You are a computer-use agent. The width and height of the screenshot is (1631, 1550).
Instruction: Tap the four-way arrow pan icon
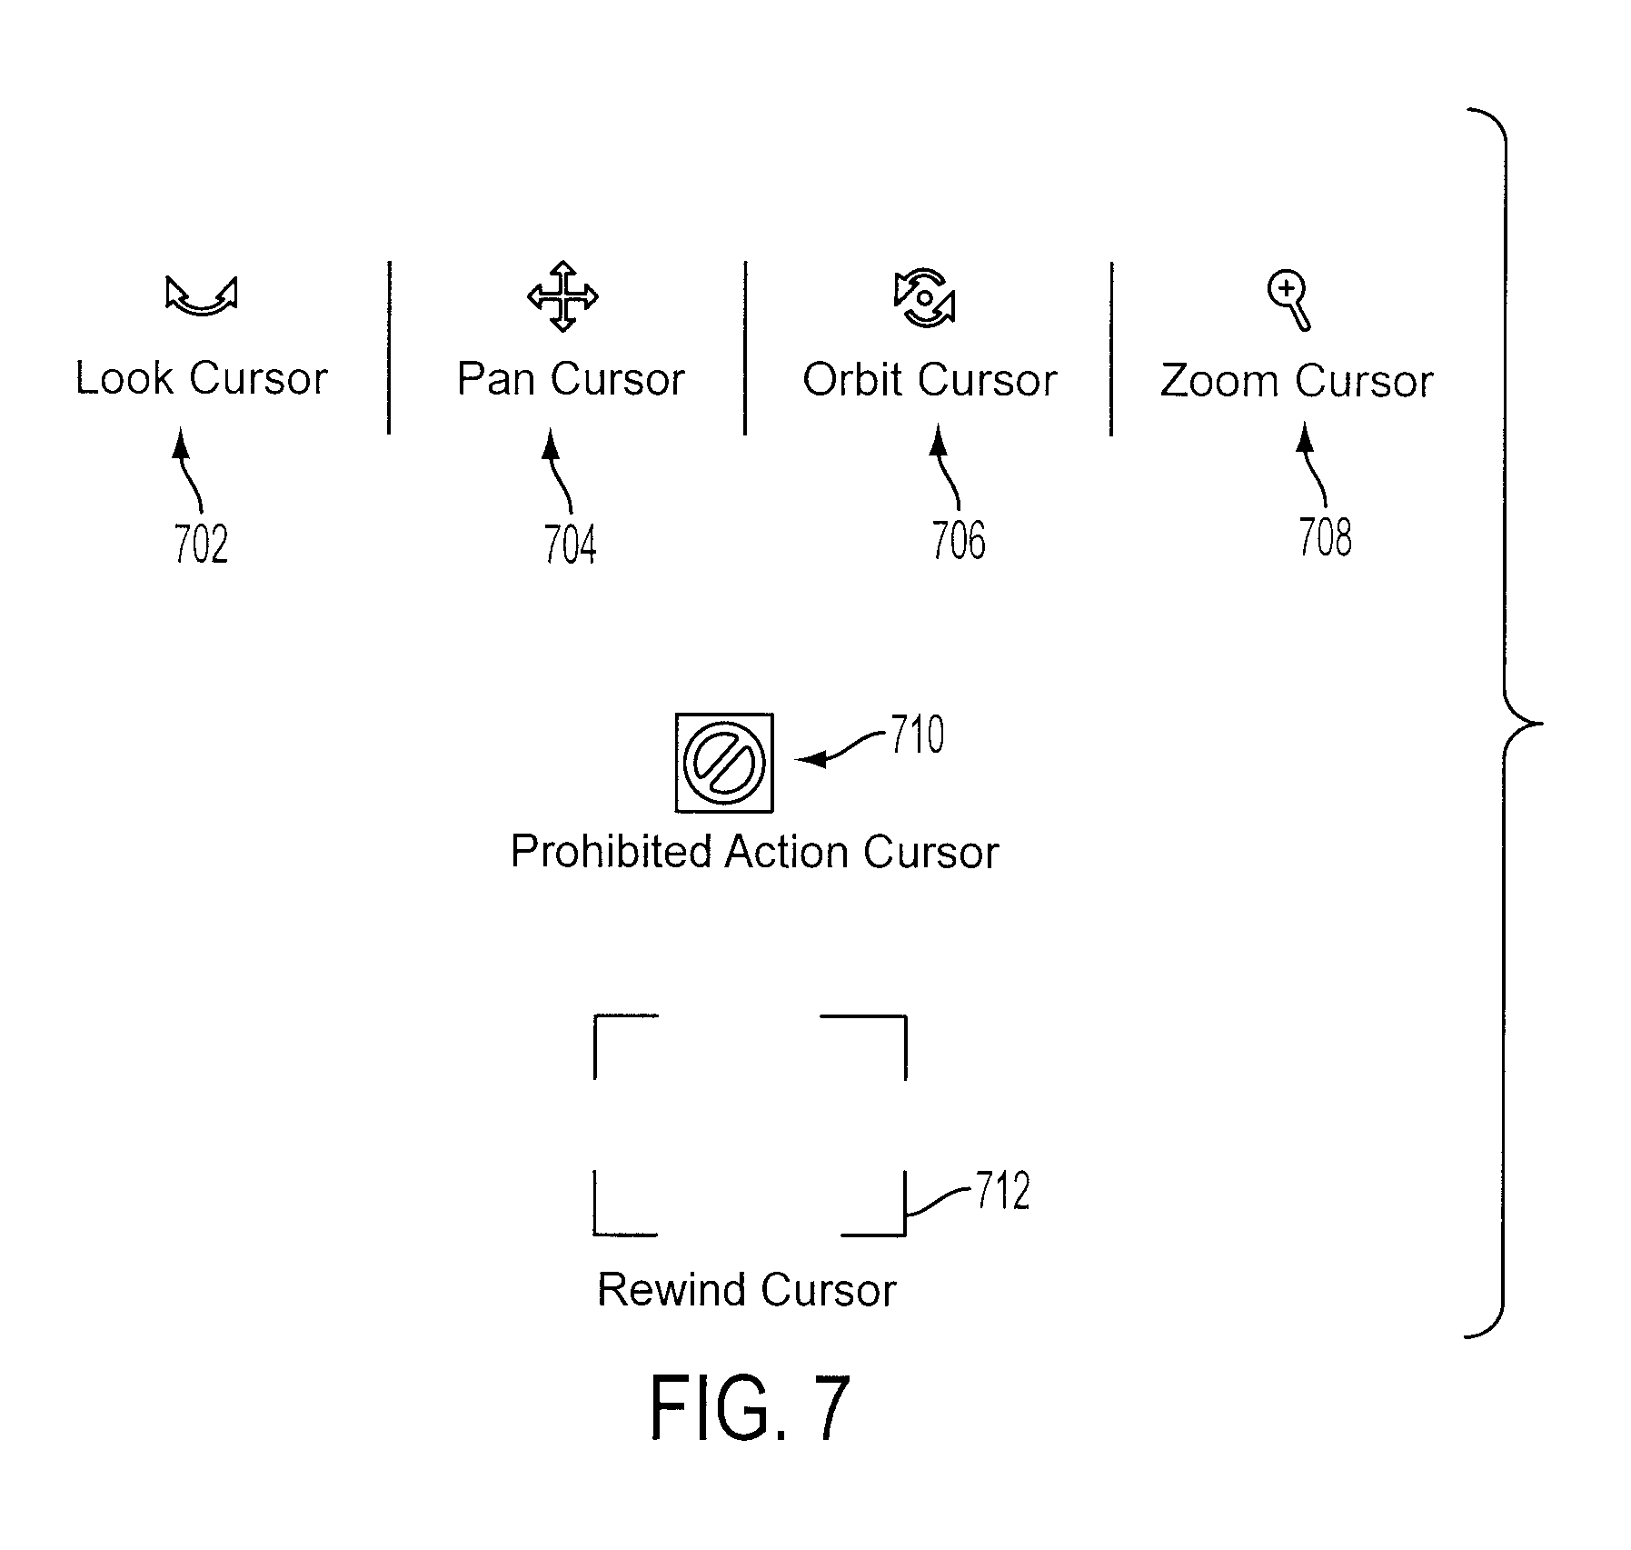tap(562, 296)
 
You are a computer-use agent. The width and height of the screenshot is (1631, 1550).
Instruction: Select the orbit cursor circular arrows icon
tap(925, 297)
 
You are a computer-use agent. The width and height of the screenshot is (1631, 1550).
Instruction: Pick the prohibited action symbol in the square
tap(724, 763)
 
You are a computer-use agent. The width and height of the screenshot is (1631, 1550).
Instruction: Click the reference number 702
tap(201, 545)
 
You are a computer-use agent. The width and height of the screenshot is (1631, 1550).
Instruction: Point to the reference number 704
tap(570, 545)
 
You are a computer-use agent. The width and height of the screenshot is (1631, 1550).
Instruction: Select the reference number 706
tap(959, 540)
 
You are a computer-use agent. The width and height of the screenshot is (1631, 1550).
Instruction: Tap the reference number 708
tap(1325, 536)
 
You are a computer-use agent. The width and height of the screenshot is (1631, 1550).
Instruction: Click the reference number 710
tap(917, 735)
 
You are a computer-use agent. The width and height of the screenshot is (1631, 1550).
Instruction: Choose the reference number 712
tap(1003, 1191)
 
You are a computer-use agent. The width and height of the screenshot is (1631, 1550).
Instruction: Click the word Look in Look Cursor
tap(124, 378)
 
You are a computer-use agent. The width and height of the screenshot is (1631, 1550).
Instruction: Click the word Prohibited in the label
tap(611, 852)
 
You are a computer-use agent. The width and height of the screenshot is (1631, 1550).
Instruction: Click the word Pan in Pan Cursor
tap(496, 379)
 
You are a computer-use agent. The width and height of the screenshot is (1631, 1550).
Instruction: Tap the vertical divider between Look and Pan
tap(389, 347)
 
